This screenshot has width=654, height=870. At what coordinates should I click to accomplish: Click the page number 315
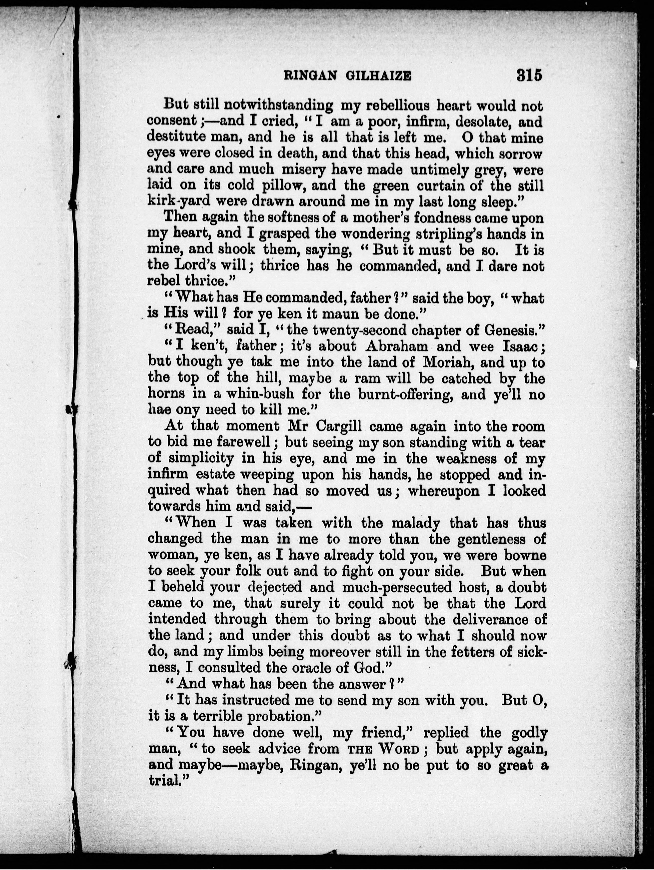tap(529, 74)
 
